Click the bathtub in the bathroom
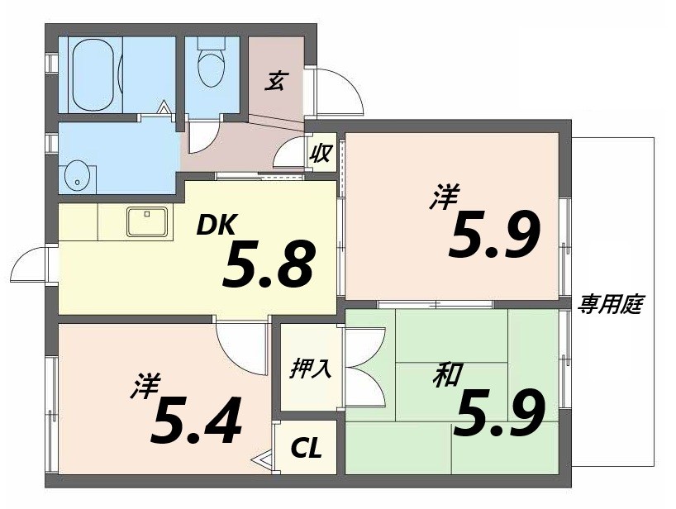pyautogui.click(x=97, y=74)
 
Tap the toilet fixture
pyautogui.click(x=212, y=64)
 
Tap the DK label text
pyautogui.click(x=217, y=226)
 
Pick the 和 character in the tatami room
pyautogui.click(x=447, y=377)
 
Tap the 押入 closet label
pyautogui.click(x=311, y=368)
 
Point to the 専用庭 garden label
pyautogui.click(x=611, y=304)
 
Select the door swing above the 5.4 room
pyautogui.click(x=240, y=340)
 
